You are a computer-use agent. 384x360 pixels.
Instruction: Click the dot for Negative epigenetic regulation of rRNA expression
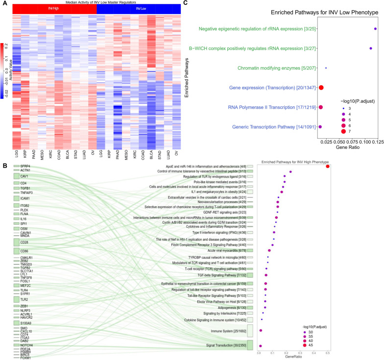pyautogui.click(x=375, y=29)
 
